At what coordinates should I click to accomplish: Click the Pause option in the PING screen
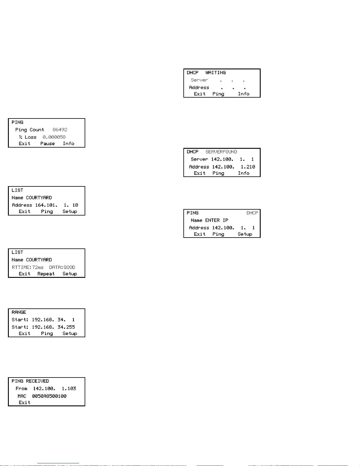(x=48, y=143)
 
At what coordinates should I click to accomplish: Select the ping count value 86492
(x=60, y=130)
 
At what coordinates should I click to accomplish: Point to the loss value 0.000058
(x=54, y=137)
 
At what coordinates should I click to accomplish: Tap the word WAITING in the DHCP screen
(x=215, y=73)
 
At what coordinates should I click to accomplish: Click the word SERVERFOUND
(x=221, y=152)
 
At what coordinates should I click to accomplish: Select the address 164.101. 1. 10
(x=56, y=205)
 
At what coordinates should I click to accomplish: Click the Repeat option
(x=46, y=274)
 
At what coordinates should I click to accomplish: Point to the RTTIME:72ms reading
(x=28, y=267)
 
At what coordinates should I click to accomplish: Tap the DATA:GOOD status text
(x=62, y=267)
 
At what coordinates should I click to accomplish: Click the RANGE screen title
(x=19, y=312)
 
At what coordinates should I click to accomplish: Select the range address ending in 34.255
(x=53, y=327)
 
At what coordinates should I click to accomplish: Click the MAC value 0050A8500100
(x=49, y=396)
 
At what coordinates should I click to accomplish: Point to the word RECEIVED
(x=37, y=381)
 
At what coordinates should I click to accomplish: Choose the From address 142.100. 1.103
(x=54, y=388)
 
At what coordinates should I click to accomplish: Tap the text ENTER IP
(x=217, y=220)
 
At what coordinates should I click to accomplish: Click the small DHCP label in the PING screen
(x=252, y=213)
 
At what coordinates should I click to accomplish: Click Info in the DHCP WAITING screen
(x=244, y=94)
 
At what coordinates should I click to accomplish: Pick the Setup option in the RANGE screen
(x=70, y=333)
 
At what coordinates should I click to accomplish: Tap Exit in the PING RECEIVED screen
(x=24, y=402)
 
